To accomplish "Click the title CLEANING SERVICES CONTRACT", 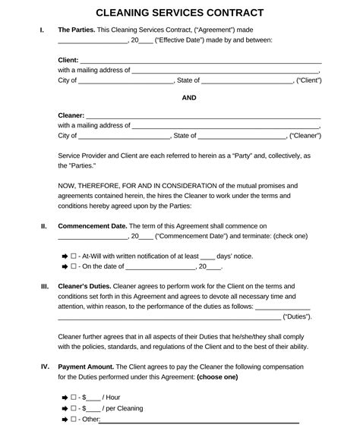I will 180,13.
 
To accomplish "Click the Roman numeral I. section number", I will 41,30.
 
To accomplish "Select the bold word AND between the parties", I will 190,97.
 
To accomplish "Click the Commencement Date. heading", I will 92,226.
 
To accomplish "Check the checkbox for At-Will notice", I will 74,256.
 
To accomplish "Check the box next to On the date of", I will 74,267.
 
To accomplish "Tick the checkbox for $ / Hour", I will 74,398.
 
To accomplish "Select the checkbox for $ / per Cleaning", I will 74,408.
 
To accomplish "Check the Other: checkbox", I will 74,419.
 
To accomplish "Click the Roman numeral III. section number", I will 44,287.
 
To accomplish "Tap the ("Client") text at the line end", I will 308,80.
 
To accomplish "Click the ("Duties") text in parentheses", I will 296,316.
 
